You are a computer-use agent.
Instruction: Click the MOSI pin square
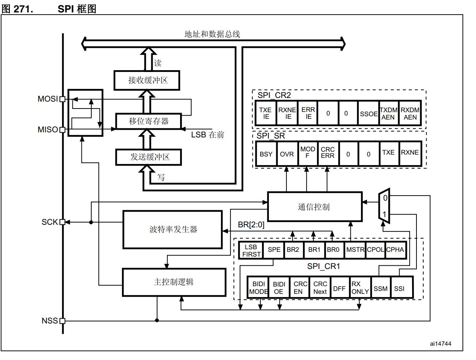pyautogui.click(x=62, y=99)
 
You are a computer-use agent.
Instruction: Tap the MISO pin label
pyautogui.click(x=48, y=129)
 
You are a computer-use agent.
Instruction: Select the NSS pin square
pyautogui.click(x=62, y=321)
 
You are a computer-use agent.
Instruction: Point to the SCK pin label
pyautogui.click(x=50, y=222)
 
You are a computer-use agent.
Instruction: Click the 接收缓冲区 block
pyautogui.click(x=147, y=80)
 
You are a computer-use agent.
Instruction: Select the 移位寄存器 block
pyautogui.click(x=149, y=121)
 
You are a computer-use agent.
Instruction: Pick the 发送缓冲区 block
pyautogui.click(x=149, y=157)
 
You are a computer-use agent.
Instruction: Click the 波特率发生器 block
pyautogui.click(x=173, y=230)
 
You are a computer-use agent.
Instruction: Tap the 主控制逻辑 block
pyautogui.click(x=174, y=282)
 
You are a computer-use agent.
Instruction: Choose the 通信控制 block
pyautogui.click(x=315, y=206)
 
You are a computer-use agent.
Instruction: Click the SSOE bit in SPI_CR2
pyautogui.click(x=369, y=113)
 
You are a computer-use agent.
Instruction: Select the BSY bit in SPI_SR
pyautogui.click(x=266, y=154)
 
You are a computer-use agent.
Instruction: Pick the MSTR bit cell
pyautogui.click(x=355, y=250)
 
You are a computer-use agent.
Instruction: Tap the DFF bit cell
pyautogui.click(x=339, y=288)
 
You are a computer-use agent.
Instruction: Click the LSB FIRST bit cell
pyautogui.click(x=251, y=250)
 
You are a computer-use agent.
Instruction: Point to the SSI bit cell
pyautogui.click(x=401, y=288)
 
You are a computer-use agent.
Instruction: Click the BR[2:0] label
pyautogui.click(x=251, y=225)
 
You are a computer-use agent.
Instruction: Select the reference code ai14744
pyautogui.click(x=441, y=344)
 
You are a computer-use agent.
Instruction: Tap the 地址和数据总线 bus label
pyautogui.click(x=212, y=34)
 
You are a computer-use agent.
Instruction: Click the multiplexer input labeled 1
pyautogui.click(x=384, y=215)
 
